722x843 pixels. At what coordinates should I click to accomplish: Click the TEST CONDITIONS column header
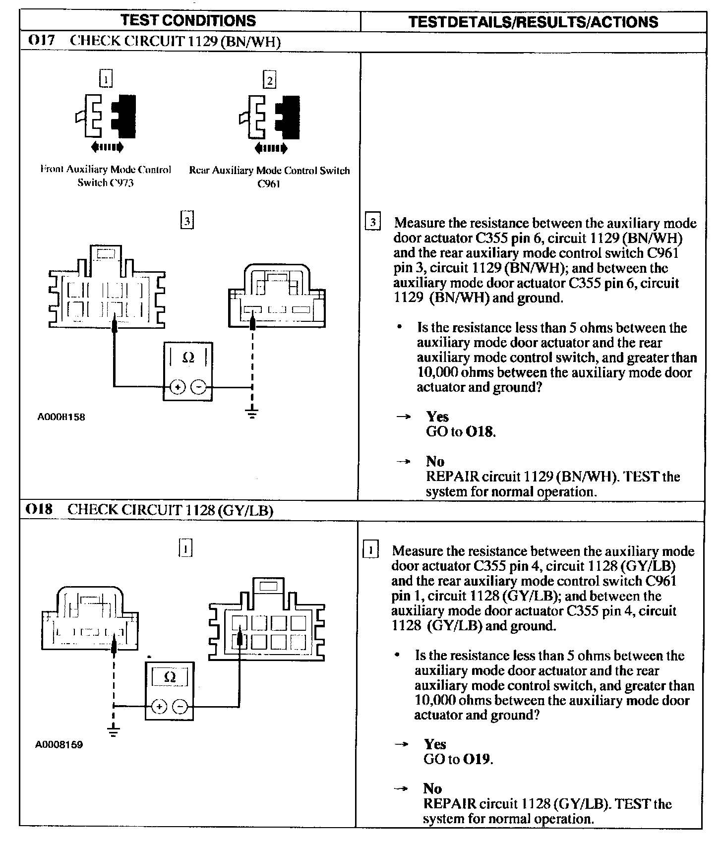click(x=188, y=20)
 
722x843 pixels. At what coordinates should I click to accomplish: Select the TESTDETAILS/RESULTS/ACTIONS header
click(x=533, y=22)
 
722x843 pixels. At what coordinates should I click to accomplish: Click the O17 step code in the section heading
click(x=41, y=41)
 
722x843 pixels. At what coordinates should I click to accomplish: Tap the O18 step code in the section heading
click(x=39, y=509)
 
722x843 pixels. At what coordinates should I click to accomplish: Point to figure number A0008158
click(x=61, y=417)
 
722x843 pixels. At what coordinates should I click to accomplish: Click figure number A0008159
click(x=59, y=744)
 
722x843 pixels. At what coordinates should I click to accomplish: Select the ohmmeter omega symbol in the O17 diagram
click(x=188, y=358)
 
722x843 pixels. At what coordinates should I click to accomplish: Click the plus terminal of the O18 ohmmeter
click(x=159, y=707)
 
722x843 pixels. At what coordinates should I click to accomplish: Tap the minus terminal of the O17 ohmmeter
click(x=198, y=387)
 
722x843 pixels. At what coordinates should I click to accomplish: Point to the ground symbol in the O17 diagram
click(x=252, y=413)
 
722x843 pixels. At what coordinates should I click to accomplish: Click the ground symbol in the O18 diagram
click(x=114, y=731)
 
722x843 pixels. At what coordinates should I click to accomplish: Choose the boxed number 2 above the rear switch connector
click(x=269, y=80)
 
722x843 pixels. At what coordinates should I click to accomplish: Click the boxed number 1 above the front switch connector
click(x=106, y=79)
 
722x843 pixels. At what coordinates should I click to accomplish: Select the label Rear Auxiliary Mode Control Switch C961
click(x=269, y=177)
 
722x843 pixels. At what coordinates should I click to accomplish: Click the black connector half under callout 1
click(x=124, y=117)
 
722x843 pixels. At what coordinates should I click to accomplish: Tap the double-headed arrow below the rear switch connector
click(x=270, y=148)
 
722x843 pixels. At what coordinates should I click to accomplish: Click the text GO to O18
click(x=461, y=431)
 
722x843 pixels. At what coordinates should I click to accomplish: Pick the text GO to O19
click(x=458, y=759)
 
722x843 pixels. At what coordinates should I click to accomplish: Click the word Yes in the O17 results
click(x=437, y=417)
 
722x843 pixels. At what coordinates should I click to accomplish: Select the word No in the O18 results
click(x=432, y=788)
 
